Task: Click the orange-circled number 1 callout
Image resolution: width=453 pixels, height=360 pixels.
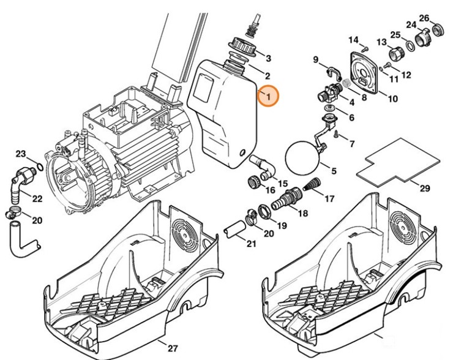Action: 268,96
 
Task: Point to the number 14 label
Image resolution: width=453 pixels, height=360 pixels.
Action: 353,40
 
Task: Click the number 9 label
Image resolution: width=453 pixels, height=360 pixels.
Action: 316,59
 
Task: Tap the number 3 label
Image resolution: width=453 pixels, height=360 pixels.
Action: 268,58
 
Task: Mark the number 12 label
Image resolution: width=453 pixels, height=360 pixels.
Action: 406,75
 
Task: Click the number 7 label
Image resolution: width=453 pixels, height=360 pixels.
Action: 351,143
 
